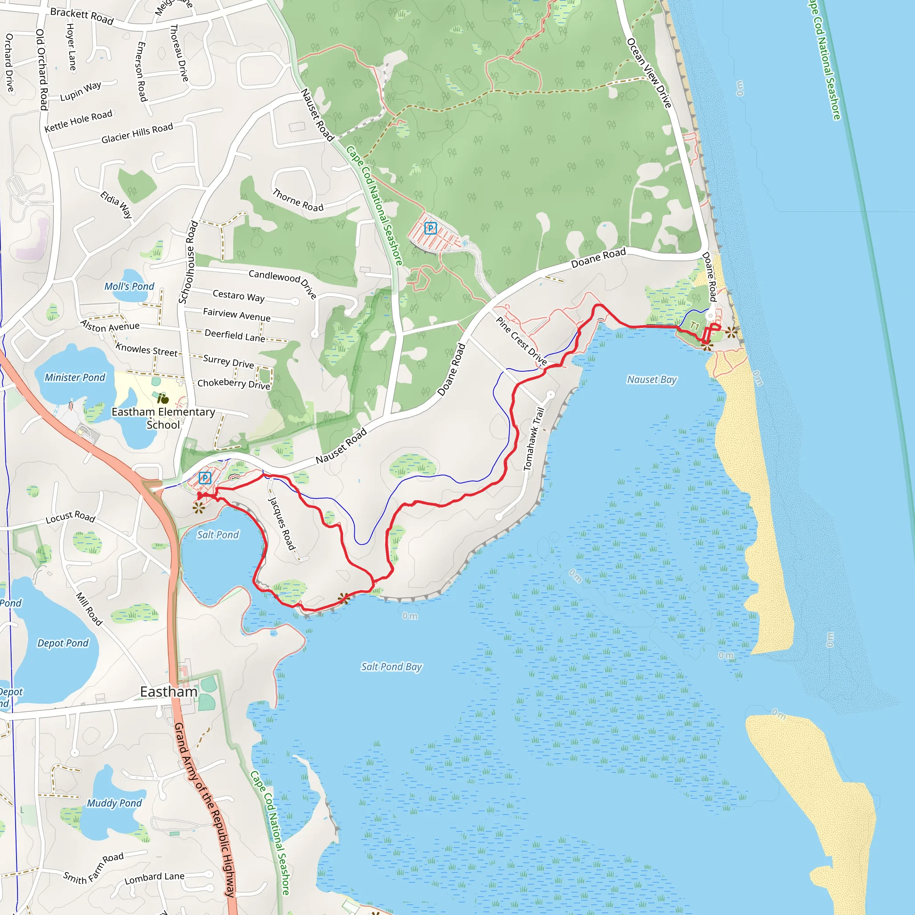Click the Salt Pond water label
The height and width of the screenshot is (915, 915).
tap(218, 535)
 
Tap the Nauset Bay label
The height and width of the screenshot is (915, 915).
tap(652, 379)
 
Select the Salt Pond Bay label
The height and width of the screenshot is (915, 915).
tap(391, 667)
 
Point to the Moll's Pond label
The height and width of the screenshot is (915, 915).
tap(129, 286)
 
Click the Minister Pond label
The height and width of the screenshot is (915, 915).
tap(75, 378)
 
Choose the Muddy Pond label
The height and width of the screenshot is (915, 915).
tap(114, 803)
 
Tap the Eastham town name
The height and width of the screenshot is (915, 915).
tap(168, 692)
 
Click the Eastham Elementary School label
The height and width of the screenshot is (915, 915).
tap(163, 418)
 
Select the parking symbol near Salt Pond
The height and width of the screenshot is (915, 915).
tap(205, 478)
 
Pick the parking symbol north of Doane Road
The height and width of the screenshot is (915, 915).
tap(430, 228)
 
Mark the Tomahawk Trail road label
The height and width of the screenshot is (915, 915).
tap(534, 439)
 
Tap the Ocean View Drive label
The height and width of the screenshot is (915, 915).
tap(649, 73)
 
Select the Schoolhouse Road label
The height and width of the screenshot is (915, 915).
tap(188, 262)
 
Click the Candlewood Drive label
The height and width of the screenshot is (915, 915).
tap(283, 283)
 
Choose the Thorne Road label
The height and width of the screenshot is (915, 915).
tap(298, 200)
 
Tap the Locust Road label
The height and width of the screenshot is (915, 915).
tap(71, 517)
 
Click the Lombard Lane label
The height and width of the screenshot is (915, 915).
tap(155, 878)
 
